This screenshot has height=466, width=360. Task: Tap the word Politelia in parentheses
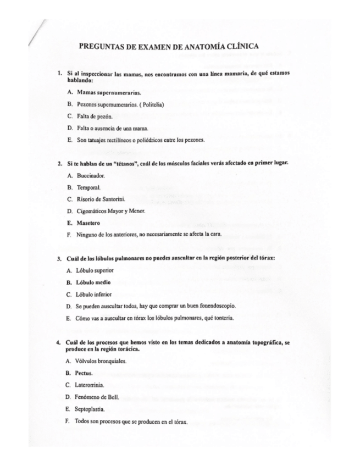click(x=148, y=104)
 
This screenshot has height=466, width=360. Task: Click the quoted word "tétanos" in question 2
click(x=115, y=164)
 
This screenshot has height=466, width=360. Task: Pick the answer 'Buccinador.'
click(x=91, y=176)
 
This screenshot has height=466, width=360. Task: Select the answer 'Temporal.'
click(x=88, y=187)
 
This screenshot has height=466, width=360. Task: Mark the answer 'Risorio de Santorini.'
click(x=101, y=199)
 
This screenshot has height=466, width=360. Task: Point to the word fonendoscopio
click(x=220, y=306)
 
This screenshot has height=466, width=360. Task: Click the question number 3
click(x=59, y=258)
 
